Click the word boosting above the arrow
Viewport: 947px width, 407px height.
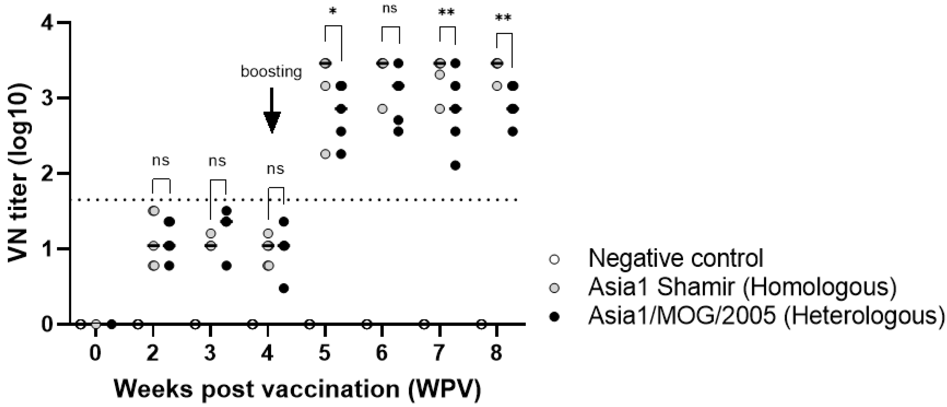click(271, 72)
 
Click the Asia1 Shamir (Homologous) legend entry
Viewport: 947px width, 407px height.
click(742, 287)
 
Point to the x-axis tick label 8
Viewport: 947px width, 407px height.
click(496, 354)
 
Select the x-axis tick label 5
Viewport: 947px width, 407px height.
click(325, 354)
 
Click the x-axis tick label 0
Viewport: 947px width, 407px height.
click(95, 354)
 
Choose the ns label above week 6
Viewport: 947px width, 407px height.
click(390, 8)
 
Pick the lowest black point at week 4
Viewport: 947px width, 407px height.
click(283, 288)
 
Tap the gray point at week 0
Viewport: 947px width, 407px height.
click(96, 324)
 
